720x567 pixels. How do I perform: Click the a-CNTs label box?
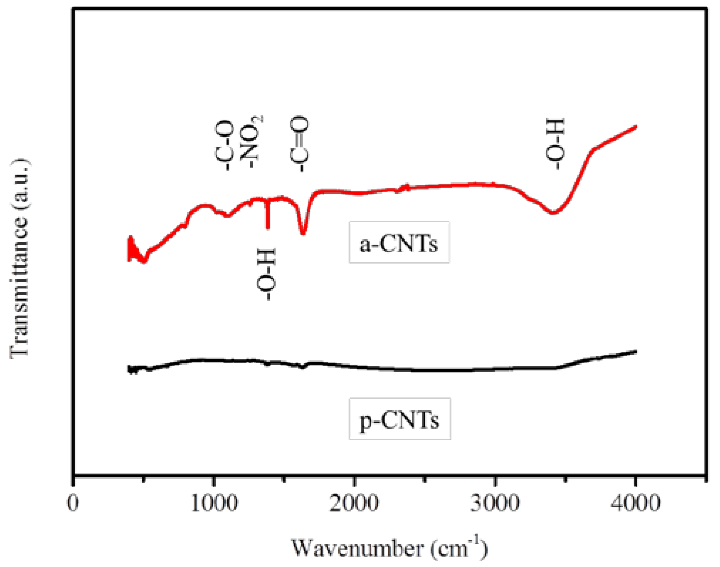tap(399, 243)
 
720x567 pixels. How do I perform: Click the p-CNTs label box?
tap(400, 419)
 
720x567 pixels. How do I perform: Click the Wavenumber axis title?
tap(390, 549)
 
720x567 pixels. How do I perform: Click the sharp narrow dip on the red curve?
tap(268, 227)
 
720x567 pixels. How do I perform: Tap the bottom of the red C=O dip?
tap(303, 233)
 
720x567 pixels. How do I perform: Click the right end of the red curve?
tap(636, 127)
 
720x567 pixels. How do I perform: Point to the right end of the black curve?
tap(636, 352)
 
